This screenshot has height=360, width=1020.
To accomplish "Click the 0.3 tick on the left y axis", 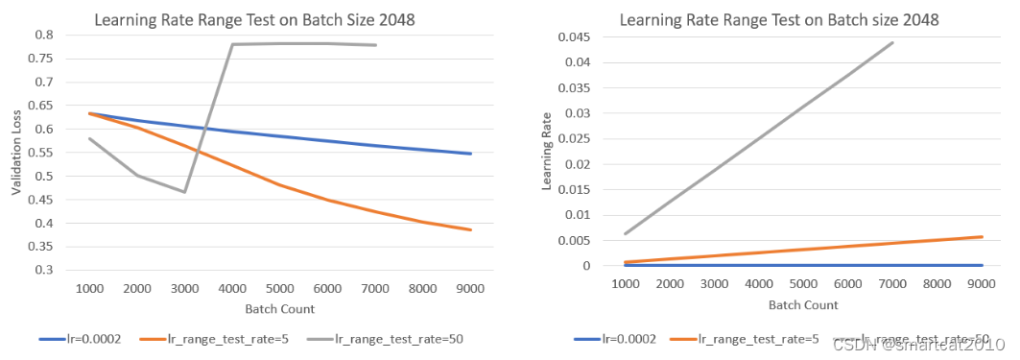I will pyautogui.click(x=43, y=271).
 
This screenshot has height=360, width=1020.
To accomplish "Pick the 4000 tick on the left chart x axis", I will pyautogui.click(x=232, y=288).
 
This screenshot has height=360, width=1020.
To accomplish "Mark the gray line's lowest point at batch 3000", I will pyautogui.click(x=184, y=192).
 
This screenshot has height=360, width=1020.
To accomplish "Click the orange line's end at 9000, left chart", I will pyautogui.click(x=471, y=229).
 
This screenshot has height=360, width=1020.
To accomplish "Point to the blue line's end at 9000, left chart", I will pyautogui.click(x=471, y=154).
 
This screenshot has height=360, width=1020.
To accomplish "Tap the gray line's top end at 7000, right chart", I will pyautogui.click(x=891, y=42).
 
